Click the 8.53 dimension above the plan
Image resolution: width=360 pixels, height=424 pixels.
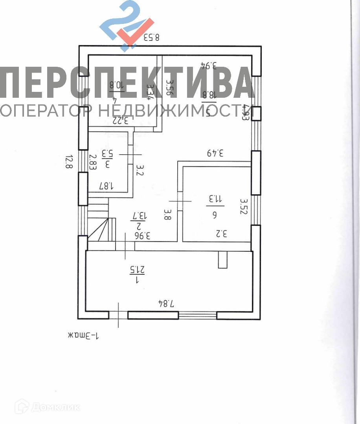pyautogui.click(x=151, y=38)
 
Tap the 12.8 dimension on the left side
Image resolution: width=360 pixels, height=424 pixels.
pyautogui.click(x=69, y=162)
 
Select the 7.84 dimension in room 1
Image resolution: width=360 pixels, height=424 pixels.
pyautogui.click(x=166, y=303)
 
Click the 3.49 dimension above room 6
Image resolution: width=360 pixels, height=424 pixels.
pyautogui.click(x=215, y=153)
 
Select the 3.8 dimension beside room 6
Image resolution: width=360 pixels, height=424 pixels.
pyautogui.click(x=167, y=215)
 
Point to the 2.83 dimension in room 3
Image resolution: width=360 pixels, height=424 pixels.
pyautogui.click(x=93, y=162)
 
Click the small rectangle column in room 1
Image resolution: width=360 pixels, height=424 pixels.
pyautogui.click(x=222, y=260)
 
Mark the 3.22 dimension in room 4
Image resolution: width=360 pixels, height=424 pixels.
pyautogui.click(x=120, y=121)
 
